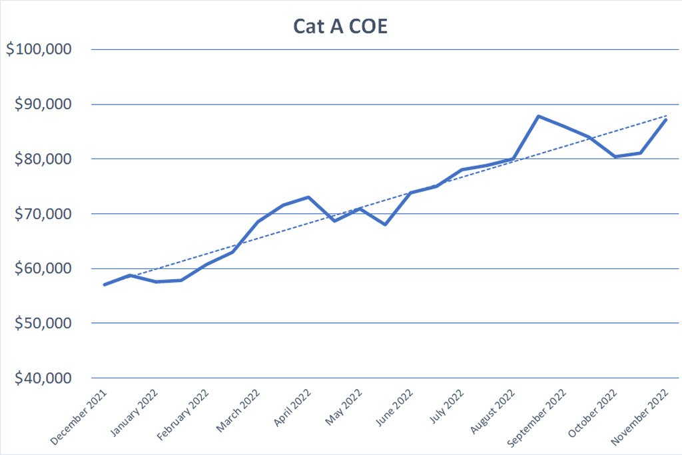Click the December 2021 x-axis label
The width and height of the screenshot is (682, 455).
point(79,414)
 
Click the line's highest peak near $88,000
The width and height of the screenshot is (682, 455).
point(538,116)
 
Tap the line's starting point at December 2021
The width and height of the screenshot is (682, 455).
point(105,284)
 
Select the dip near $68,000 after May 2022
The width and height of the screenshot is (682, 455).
point(385,225)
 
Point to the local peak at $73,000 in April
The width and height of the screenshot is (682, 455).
point(308,197)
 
